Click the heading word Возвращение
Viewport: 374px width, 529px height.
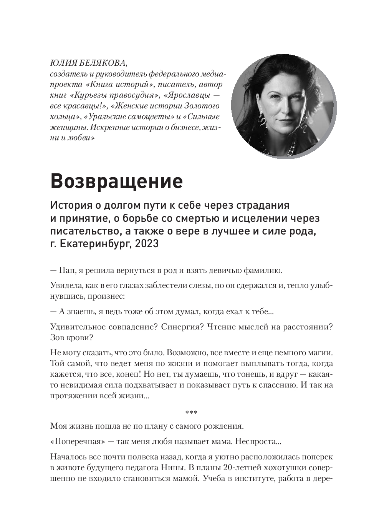(116, 181)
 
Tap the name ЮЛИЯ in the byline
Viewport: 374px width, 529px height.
(63, 63)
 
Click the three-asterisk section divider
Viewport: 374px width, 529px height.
(191, 413)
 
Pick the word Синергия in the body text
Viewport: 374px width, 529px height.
(182, 327)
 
